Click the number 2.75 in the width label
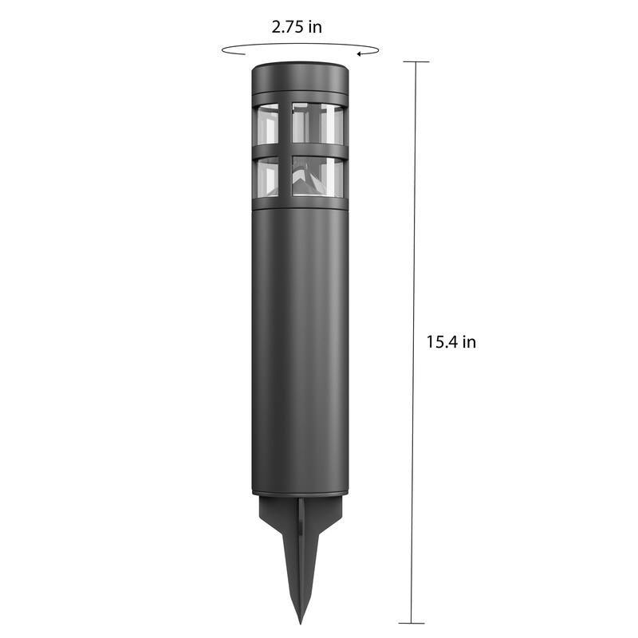[x=287, y=27]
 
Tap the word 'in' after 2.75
[x=315, y=27]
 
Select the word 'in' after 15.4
[x=469, y=342]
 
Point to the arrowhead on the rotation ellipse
[x=360, y=53]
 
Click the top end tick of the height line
[x=415, y=62]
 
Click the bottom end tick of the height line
[x=412, y=623]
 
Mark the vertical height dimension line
[x=413, y=342]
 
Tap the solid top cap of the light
[x=300, y=77]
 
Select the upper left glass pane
[x=267, y=124]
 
